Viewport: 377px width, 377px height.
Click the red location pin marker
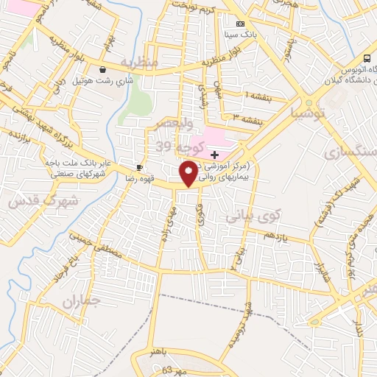(x=189, y=174)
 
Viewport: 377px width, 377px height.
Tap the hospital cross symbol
(x=214, y=155)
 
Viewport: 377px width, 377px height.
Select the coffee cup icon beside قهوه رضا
(x=139, y=168)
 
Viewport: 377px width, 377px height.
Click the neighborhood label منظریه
(x=140, y=63)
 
